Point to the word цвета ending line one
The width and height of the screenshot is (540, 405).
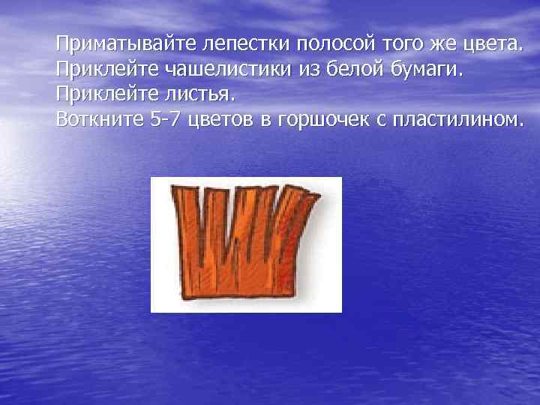(x=485, y=44)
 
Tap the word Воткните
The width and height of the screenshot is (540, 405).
(x=96, y=120)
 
